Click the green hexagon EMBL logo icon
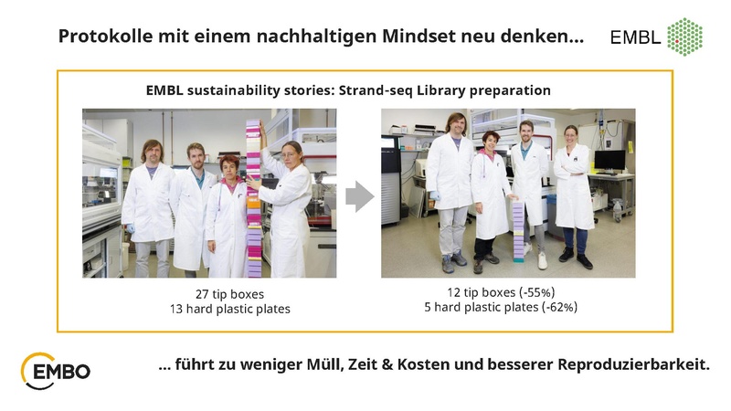point(685,37)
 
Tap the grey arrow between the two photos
point(359,195)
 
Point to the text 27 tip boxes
point(209,292)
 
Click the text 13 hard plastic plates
point(209,309)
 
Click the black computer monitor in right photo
point(609,161)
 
